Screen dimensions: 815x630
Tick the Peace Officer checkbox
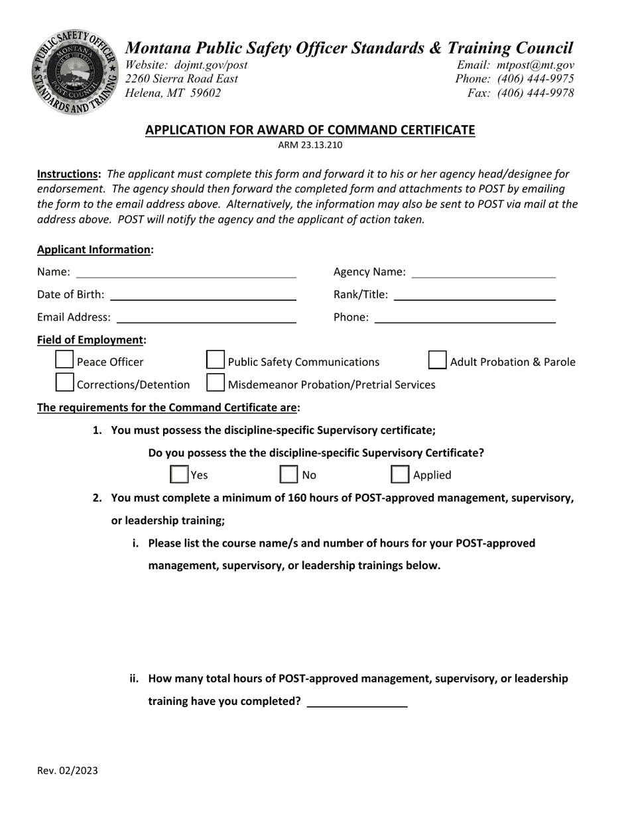pos(64,360)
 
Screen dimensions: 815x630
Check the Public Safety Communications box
pos(216,360)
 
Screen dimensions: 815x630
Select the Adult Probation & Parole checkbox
pos(438,360)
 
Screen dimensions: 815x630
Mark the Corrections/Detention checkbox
pos(64,382)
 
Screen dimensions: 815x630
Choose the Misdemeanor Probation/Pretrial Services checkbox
pos(216,382)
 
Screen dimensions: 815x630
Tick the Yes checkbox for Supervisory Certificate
pos(179,474)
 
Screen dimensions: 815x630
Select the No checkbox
pos(288,474)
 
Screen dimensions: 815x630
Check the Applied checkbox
pos(400,474)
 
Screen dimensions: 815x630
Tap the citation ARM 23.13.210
pos(310,145)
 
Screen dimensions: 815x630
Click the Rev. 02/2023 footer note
pos(68,770)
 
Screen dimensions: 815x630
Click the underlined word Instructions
pos(68,174)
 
